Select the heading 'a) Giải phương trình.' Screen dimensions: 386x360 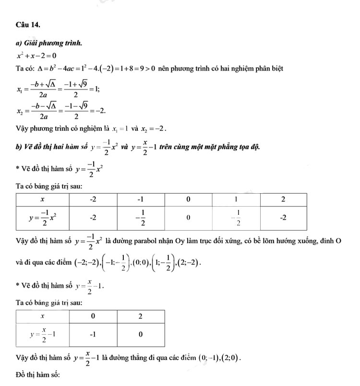pyautogui.click(x=48, y=44)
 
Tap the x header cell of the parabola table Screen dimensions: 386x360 pyautogui.click(x=43, y=199)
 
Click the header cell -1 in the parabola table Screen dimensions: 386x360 pyautogui.click(x=141, y=199)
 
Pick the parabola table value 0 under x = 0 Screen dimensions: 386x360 pyautogui.click(x=188, y=218)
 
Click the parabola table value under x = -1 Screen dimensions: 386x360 pyautogui.click(x=141, y=218)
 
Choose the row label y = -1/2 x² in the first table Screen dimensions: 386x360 pyautogui.click(x=43, y=218)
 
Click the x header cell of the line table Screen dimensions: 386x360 pyautogui.click(x=43, y=316)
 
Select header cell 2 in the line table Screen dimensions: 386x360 pyautogui.click(x=141, y=316)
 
